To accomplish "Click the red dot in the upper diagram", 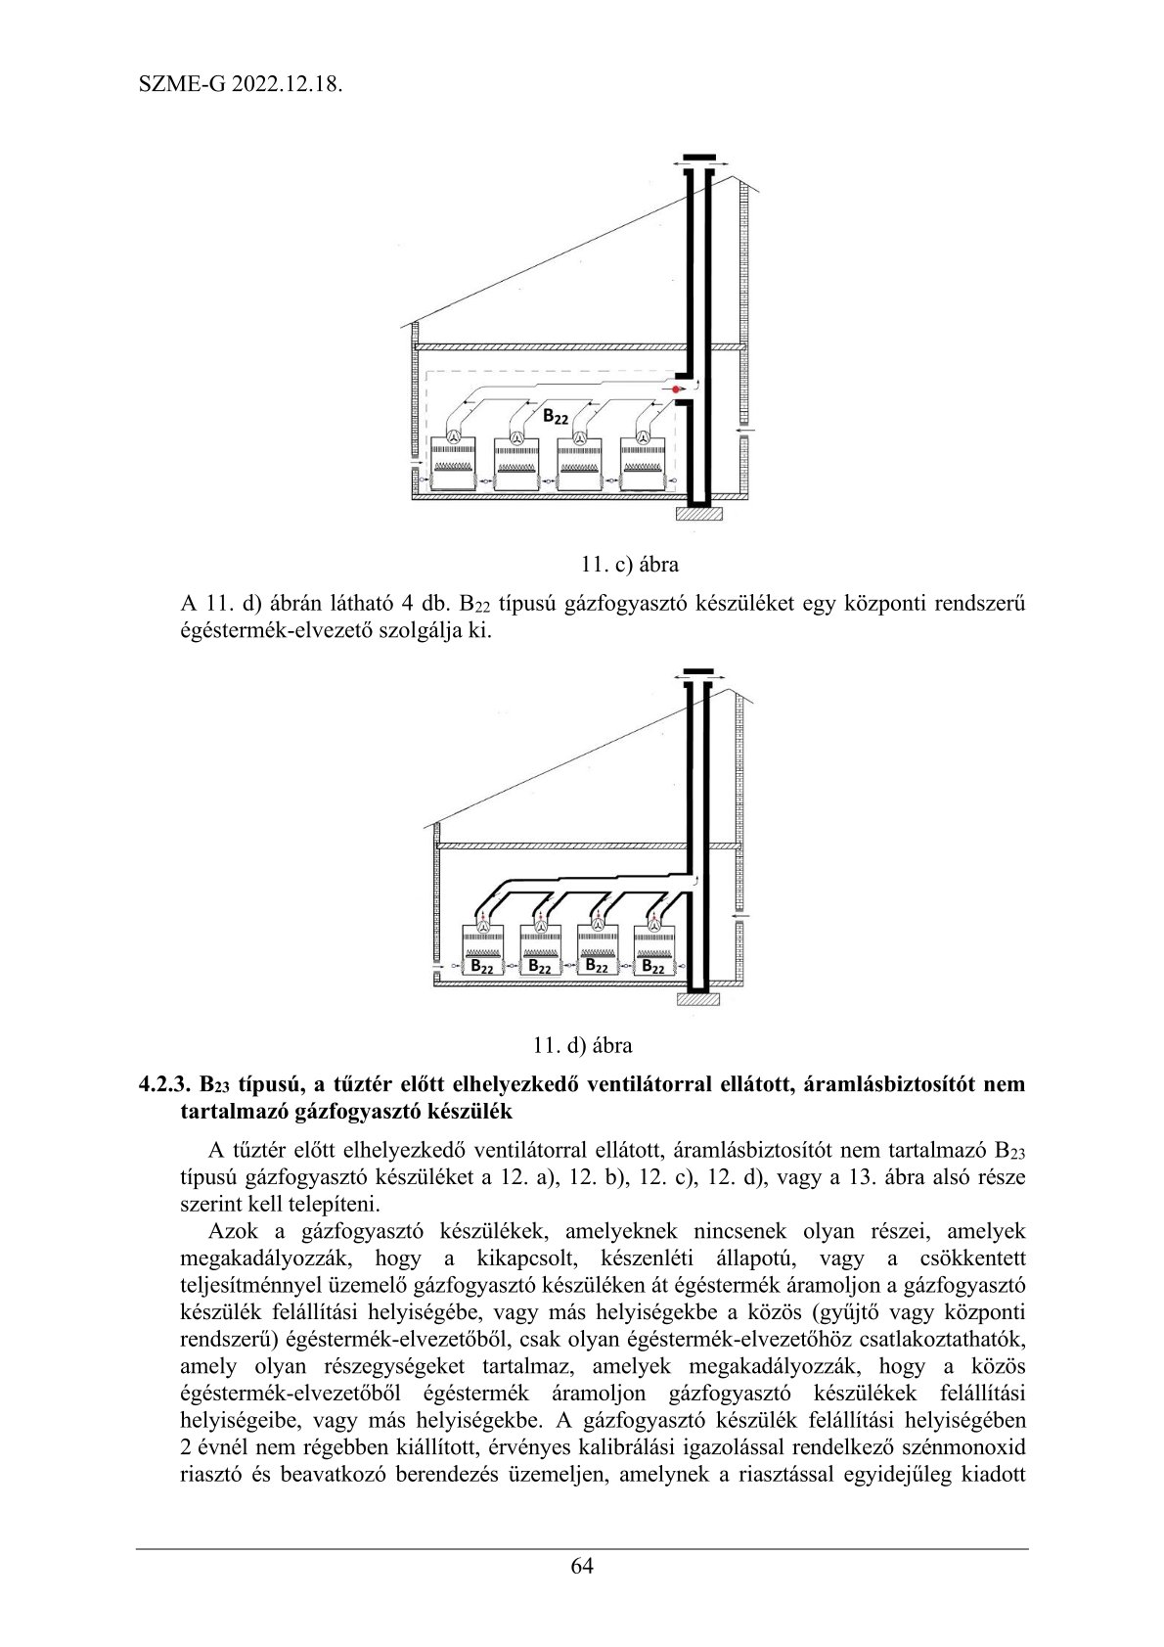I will coord(675,389).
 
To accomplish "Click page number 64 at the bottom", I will coord(582,1565).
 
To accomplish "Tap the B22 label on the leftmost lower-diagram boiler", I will coord(481,966).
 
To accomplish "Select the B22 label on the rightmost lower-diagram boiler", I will coord(653,966).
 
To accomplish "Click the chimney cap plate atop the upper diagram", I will coord(698,157).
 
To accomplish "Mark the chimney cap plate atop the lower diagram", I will coord(698,673).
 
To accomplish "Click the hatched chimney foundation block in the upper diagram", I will coord(698,513).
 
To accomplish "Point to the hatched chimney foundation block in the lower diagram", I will coord(696,999).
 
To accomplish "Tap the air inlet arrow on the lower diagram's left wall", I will coord(436,968).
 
